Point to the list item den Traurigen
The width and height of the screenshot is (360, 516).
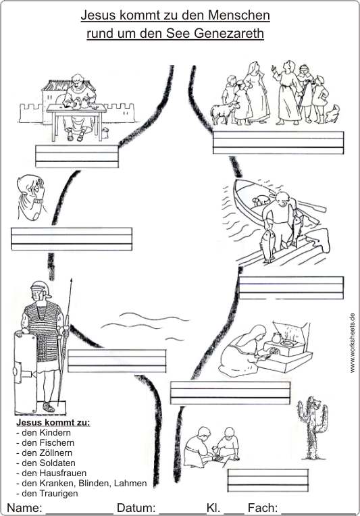coord(47,494)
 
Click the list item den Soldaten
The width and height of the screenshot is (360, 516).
coord(46,463)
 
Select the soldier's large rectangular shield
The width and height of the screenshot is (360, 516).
coord(26,373)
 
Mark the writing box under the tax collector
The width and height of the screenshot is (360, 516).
coord(77,156)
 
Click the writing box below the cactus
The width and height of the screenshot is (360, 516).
coord(268,480)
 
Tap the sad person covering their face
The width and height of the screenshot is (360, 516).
coord(30,197)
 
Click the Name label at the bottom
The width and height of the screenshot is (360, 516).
coord(24,508)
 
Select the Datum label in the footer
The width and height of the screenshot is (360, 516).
coord(136,508)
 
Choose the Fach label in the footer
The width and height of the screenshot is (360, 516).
coord(263,508)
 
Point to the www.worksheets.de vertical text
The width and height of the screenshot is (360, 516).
coord(353,343)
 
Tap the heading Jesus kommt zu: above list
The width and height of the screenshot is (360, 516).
coord(53,422)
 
